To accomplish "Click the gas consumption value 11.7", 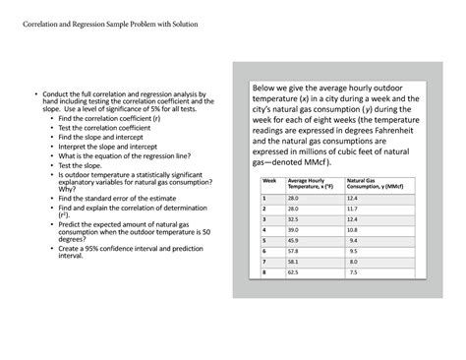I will [353, 208].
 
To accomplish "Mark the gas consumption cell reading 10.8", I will [353, 229].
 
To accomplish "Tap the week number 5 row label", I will [264, 240].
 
